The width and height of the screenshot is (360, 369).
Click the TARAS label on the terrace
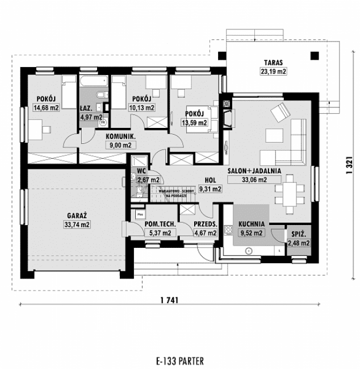click(273, 62)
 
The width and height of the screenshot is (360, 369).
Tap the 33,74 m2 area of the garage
click(74, 225)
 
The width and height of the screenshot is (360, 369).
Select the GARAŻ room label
click(74, 217)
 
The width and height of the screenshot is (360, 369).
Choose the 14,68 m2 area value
click(46, 107)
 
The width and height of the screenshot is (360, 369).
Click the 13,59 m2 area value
click(194, 122)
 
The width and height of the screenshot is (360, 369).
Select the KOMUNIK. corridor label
click(120, 136)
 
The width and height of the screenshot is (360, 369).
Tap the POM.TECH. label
click(152, 224)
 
